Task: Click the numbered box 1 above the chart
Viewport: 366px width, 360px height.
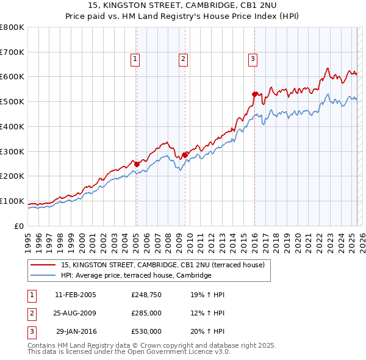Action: [135, 59]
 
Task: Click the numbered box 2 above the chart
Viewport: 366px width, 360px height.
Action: [183, 59]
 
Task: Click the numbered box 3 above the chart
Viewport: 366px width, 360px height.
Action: [253, 59]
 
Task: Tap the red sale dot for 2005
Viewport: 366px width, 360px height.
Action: [137, 164]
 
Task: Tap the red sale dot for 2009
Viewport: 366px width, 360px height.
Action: [185, 155]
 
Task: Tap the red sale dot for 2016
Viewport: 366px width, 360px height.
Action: [255, 94]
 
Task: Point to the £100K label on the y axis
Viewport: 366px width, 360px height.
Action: [12, 201]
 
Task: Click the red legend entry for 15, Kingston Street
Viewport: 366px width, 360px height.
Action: [162, 265]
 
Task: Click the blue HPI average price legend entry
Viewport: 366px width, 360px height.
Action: [135, 276]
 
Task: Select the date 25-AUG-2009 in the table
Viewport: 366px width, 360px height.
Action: [76, 313]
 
